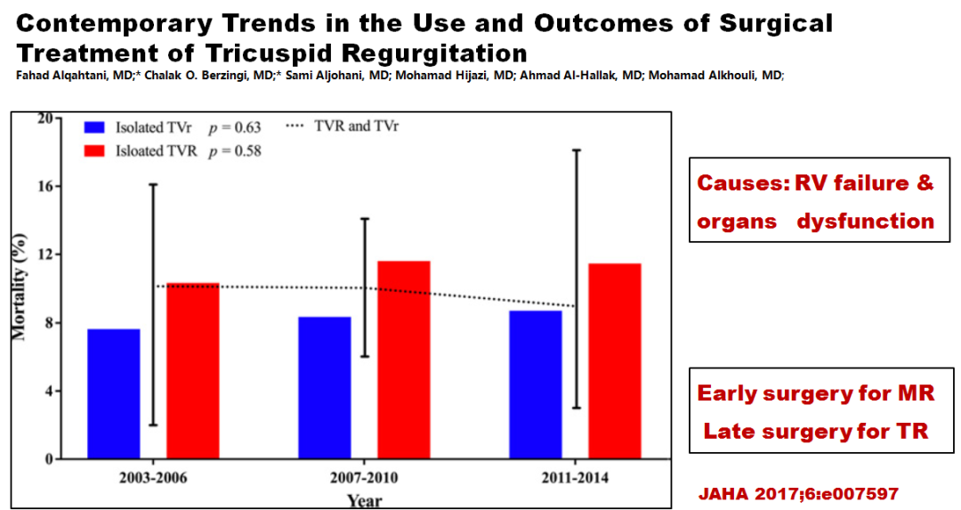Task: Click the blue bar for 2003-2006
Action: click(x=113, y=393)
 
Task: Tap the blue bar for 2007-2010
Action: click(x=325, y=387)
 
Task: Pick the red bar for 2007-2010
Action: click(x=405, y=360)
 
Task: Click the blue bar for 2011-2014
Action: click(x=535, y=385)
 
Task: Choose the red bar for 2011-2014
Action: click(x=615, y=360)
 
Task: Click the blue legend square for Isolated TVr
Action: click(x=96, y=127)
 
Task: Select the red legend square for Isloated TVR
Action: click(x=96, y=150)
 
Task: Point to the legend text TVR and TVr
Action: click(x=356, y=126)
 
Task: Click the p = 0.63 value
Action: click(x=236, y=127)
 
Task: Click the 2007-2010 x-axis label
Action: click(x=365, y=477)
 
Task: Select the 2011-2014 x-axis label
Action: click(x=575, y=477)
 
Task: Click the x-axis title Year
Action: click(x=365, y=500)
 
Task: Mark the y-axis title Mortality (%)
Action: click(x=19, y=287)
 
